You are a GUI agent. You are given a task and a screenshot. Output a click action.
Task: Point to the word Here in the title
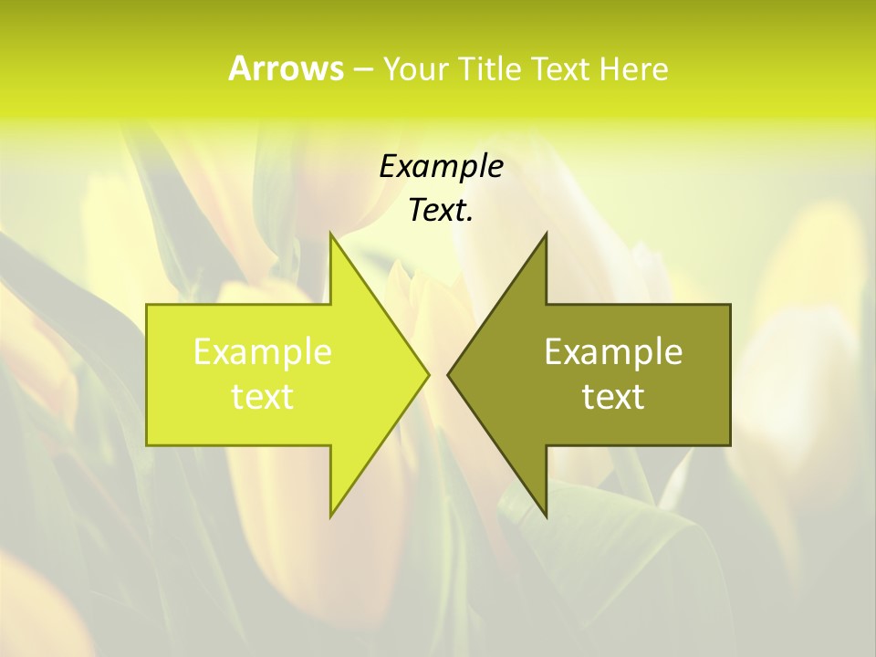pyautogui.click(x=633, y=69)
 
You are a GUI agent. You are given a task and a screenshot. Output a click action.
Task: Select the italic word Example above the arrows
pyautogui.click(x=441, y=166)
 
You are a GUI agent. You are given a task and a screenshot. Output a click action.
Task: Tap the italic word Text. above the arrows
pyautogui.click(x=439, y=211)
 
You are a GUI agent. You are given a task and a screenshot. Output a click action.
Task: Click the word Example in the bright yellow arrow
pyautogui.click(x=263, y=352)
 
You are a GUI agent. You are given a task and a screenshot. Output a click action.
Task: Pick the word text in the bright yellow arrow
pyautogui.click(x=263, y=397)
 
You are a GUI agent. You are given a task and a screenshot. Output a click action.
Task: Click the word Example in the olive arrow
pyautogui.click(x=613, y=352)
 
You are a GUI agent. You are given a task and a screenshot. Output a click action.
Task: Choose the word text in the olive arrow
pyautogui.click(x=613, y=397)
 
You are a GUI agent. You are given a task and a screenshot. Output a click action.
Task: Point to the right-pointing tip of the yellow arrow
pyautogui.click(x=428, y=374)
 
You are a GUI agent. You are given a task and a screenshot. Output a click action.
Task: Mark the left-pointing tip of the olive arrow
pyautogui.click(x=449, y=374)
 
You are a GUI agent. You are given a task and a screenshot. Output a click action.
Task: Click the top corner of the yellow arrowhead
pyautogui.click(x=331, y=235)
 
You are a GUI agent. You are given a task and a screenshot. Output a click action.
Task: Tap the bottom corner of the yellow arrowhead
pyautogui.click(x=331, y=516)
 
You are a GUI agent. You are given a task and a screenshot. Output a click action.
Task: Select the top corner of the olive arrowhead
pyautogui.click(x=546, y=235)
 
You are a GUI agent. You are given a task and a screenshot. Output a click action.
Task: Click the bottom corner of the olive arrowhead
pyautogui.click(x=546, y=516)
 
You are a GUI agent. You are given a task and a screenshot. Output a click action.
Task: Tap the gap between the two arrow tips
pyautogui.click(x=438, y=374)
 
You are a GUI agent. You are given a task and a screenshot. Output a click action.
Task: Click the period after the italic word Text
pyautogui.click(x=469, y=220)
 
